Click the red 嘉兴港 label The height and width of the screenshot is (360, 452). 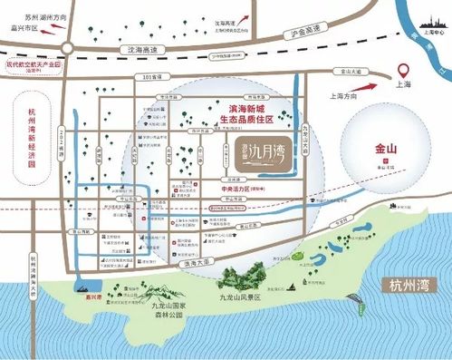(x=90, y=293)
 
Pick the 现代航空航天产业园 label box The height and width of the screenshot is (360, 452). (x=33, y=66)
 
